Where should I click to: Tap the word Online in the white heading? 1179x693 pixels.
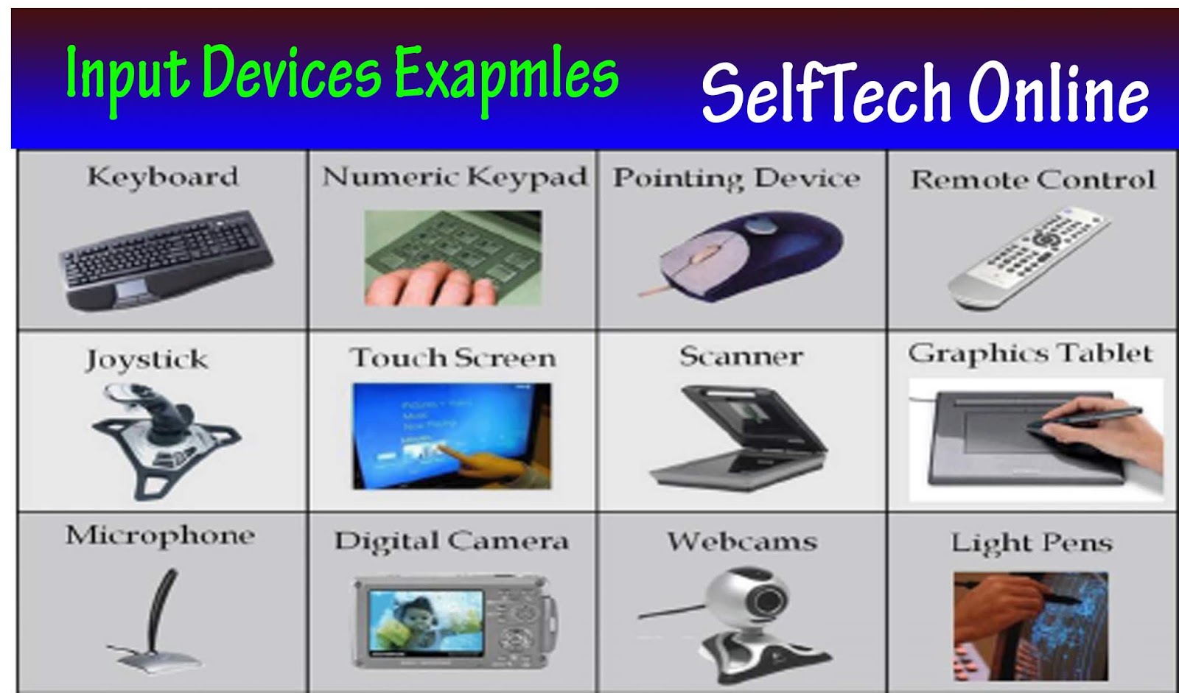(x=1058, y=93)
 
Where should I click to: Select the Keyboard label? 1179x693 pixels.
(x=163, y=177)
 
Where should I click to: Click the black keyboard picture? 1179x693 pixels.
(x=165, y=258)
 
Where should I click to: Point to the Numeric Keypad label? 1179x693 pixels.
(x=455, y=177)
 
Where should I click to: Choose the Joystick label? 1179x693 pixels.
(x=147, y=359)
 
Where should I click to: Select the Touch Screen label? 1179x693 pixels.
(x=452, y=358)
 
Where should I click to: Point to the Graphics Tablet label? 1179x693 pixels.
(x=1029, y=353)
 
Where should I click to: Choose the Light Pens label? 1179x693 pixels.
(x=1031, y=543)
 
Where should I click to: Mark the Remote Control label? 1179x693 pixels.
(x=1032, y=180)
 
